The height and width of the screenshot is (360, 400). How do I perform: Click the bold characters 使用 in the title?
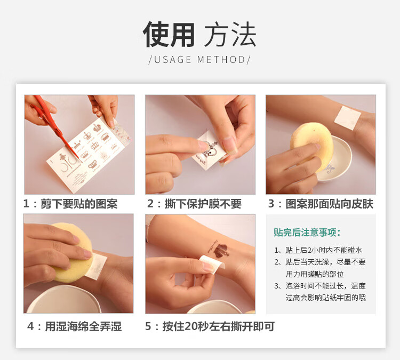pos(169,35)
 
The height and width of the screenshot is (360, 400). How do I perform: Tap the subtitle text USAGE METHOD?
pos(199,60)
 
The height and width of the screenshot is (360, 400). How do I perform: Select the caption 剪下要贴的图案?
pos(79,204)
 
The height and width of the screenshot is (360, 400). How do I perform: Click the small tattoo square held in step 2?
pos(209,150)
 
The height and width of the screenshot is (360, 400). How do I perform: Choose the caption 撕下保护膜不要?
pos(203,204)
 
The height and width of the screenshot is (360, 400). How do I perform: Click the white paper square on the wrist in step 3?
pos(347,117)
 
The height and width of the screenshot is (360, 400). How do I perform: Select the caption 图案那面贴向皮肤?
pos(330,204)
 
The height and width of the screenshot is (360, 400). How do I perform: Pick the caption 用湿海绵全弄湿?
pos(83,326)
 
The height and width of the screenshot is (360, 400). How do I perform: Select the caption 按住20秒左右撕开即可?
pos(219,326)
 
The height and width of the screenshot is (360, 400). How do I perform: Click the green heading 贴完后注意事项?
pos(305,233)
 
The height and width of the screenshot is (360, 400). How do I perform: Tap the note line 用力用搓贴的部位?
pos(315,274)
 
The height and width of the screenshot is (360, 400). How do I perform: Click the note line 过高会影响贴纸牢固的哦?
pos(326,298)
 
